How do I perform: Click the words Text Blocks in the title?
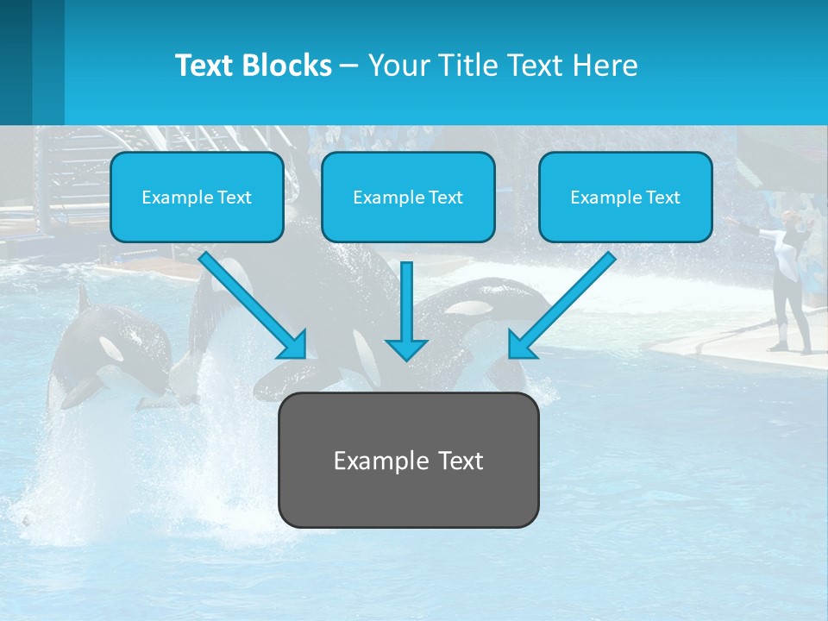tap(253, 66)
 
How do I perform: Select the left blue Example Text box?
tap(197, 197)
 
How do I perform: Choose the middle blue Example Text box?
tap(408, 197)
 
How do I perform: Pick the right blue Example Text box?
tap(625, 197)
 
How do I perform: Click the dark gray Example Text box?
tap(408, 460)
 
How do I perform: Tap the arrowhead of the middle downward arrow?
tap(407, 348)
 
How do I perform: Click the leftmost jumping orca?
tap(103, 354)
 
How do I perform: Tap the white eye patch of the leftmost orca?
tap(111, 348)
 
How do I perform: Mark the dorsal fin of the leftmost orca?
tap(83, 298)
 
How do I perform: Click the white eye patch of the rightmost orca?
tap(471, 307)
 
